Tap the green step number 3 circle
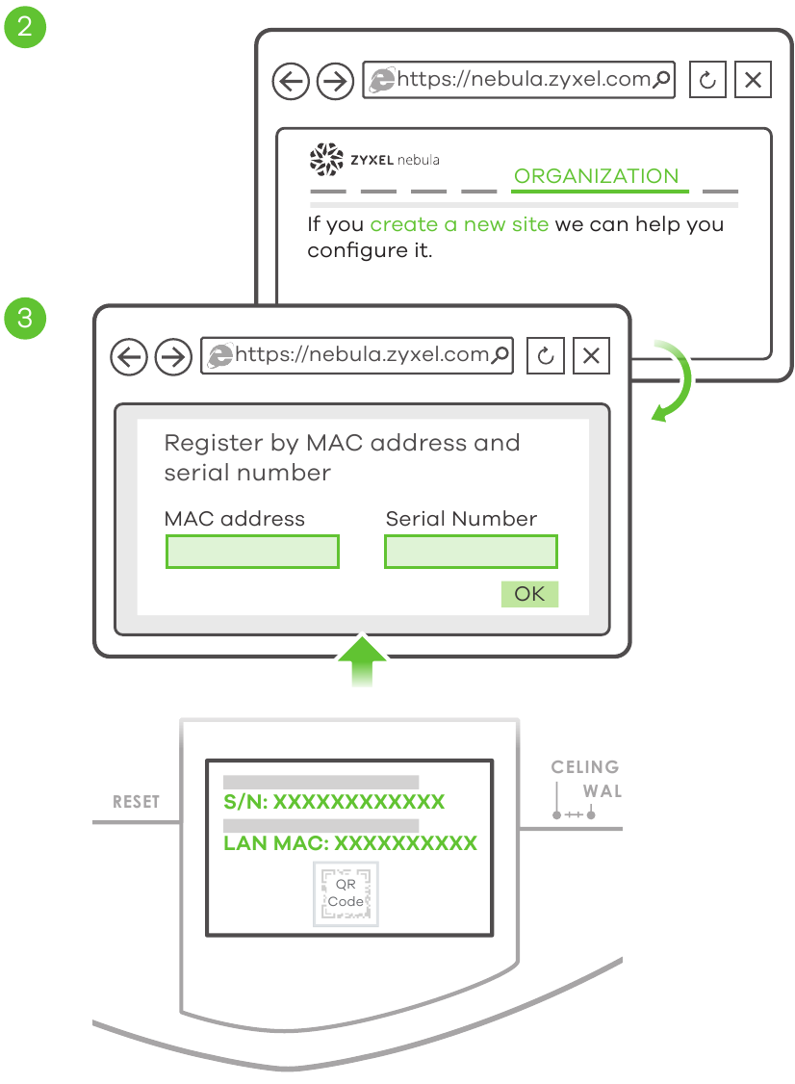tap(24, 319)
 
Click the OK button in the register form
tap(529, 594)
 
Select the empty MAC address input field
tap(252, 552)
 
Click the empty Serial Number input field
tap(471, 552)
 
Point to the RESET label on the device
tap(136, 802)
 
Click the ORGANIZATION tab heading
tap(596, 176)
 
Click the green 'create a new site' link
tap(459, 224)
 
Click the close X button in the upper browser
tap(753, 81)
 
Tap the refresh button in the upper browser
tap(707, 81)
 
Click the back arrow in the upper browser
tap(289, 82)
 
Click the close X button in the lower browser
tap(591, 357)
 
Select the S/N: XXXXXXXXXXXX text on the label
tap(333, 802)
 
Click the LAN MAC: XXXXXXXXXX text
tap(349, 843)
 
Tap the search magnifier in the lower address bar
tap(500, 355)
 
